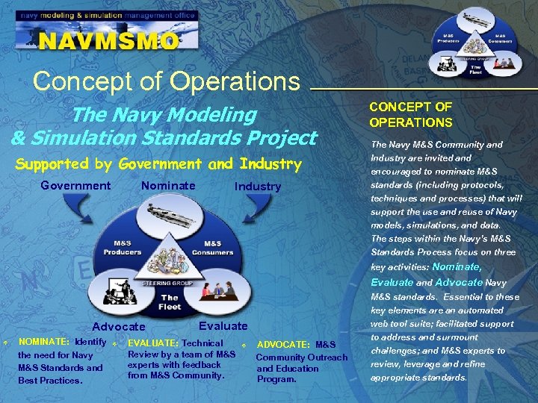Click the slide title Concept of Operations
(167, 81)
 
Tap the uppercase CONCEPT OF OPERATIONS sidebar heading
(410, 115)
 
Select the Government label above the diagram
(75, 186)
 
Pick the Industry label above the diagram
(258, 187)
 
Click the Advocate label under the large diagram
(119, 327)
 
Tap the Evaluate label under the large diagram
(223, 326)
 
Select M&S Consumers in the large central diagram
(212, 247)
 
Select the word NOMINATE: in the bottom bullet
(44, 342)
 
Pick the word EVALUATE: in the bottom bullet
(154, 343)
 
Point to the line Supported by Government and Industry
(159, 163)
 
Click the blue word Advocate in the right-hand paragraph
(459, 282)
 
